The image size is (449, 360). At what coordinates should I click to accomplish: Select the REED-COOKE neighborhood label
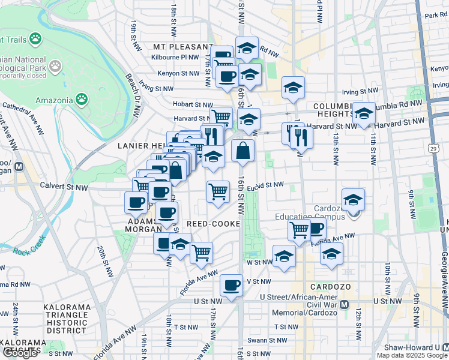(x=214, y=224)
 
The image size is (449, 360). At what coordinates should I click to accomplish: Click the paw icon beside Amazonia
(x=81, y=98)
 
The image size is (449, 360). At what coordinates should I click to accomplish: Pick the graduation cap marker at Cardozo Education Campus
(x=353, y=200)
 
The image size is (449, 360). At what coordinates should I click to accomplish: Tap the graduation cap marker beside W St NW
(x=284, y=256)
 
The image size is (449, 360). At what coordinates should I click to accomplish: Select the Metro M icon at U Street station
(x=344, y=304)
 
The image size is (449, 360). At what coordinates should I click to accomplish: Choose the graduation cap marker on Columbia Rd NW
(x=363, y=114)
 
